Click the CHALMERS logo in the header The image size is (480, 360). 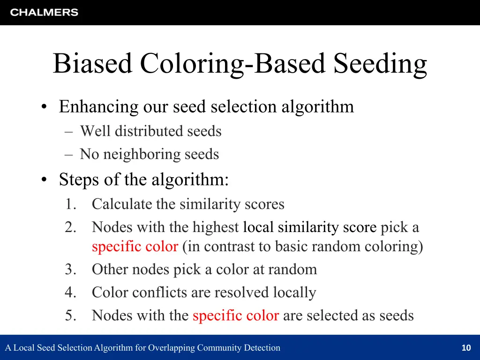pyautogui.click(x=44, y=13)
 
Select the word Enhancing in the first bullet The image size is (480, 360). pyautogui.click(x=98, y=107)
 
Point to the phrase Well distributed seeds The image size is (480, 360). pyautogui.click(x=150, y=131)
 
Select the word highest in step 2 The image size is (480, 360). pyautogui.click(x=217, y=227)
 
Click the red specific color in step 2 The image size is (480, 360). pyautogui.click(x=135, y=247)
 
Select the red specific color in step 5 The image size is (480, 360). pyautogui.click(x=236, y=315)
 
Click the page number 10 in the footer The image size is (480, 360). pyautogui.click(x=466, y=348)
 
